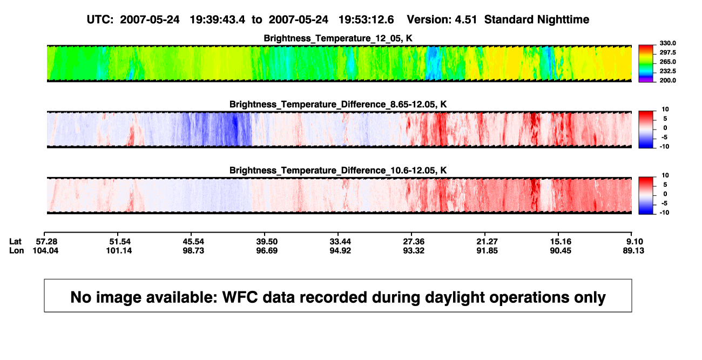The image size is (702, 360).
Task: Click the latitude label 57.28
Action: coord(46,242)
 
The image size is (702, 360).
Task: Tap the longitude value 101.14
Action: coord(119,250)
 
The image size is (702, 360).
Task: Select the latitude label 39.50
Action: coord(267,242)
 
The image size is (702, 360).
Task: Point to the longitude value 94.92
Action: coord(340,250)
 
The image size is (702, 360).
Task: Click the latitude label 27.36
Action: coord(414,242)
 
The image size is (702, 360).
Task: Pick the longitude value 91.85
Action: coord(487,250)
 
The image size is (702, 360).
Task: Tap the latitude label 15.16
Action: coord(561,242)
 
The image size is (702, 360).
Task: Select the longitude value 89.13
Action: coord(633,250)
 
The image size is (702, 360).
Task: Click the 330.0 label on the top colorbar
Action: coord(667,43)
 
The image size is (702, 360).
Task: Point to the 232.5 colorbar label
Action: coord(667,71)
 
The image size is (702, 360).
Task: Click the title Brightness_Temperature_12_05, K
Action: coord(338,38)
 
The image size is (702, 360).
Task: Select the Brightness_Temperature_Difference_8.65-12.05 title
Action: coord(338,104)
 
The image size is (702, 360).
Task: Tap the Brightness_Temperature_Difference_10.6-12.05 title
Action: coord(338,171)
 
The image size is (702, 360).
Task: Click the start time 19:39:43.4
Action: coord(218,20)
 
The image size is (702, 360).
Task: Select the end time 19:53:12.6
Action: coord(366,20)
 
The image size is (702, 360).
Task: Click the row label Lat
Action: coord(15,242)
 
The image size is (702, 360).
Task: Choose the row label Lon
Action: coord(16,250)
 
